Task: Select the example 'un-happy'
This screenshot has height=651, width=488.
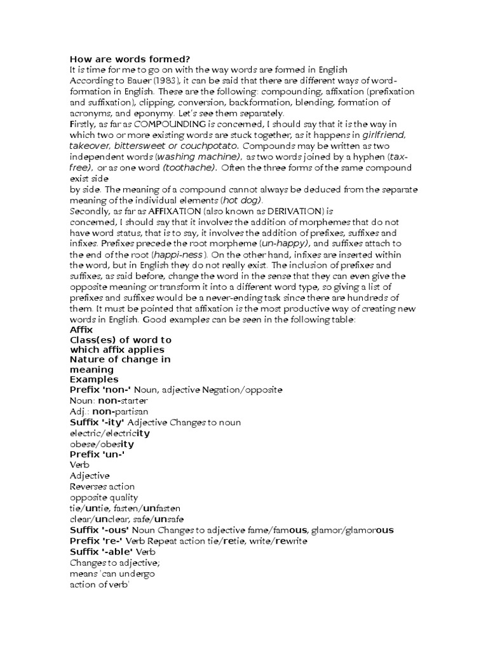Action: coord(285,243)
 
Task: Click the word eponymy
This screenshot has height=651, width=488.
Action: coord(133,113)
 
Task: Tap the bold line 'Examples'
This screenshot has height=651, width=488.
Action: coord(94,380)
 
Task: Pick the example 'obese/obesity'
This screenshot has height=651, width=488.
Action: coord(102,444)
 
